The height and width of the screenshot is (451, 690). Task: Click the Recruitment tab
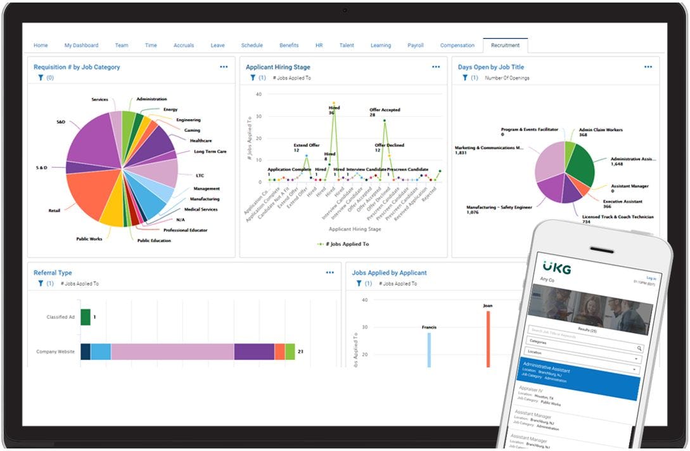coord(505,46)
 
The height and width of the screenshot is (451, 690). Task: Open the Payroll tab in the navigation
coord(416,46)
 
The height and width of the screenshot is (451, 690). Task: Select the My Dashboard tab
coord(81,46)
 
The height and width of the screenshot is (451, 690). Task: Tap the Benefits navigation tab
coord(289,46)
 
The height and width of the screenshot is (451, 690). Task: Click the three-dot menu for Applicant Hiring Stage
coord(436,67)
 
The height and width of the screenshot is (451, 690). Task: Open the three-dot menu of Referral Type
coord(329,273)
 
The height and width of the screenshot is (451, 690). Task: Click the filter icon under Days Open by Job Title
coord(465,78)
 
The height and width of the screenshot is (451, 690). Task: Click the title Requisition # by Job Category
coord(77,67)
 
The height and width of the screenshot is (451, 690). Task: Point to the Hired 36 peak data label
coord(335,110)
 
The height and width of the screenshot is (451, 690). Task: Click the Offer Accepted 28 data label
coord(385,112)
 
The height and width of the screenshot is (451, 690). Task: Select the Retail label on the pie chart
coord(54,210)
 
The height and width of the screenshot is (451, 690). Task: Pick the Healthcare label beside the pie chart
coord(201,141)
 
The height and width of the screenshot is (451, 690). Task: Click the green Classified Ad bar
coord(86,317)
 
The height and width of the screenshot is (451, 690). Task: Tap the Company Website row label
coord(56,352)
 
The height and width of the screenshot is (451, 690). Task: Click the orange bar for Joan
coord(488,339)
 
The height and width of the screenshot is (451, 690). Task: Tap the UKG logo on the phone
coord(557,268)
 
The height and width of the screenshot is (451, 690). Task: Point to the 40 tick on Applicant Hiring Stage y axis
coord(259,94)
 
